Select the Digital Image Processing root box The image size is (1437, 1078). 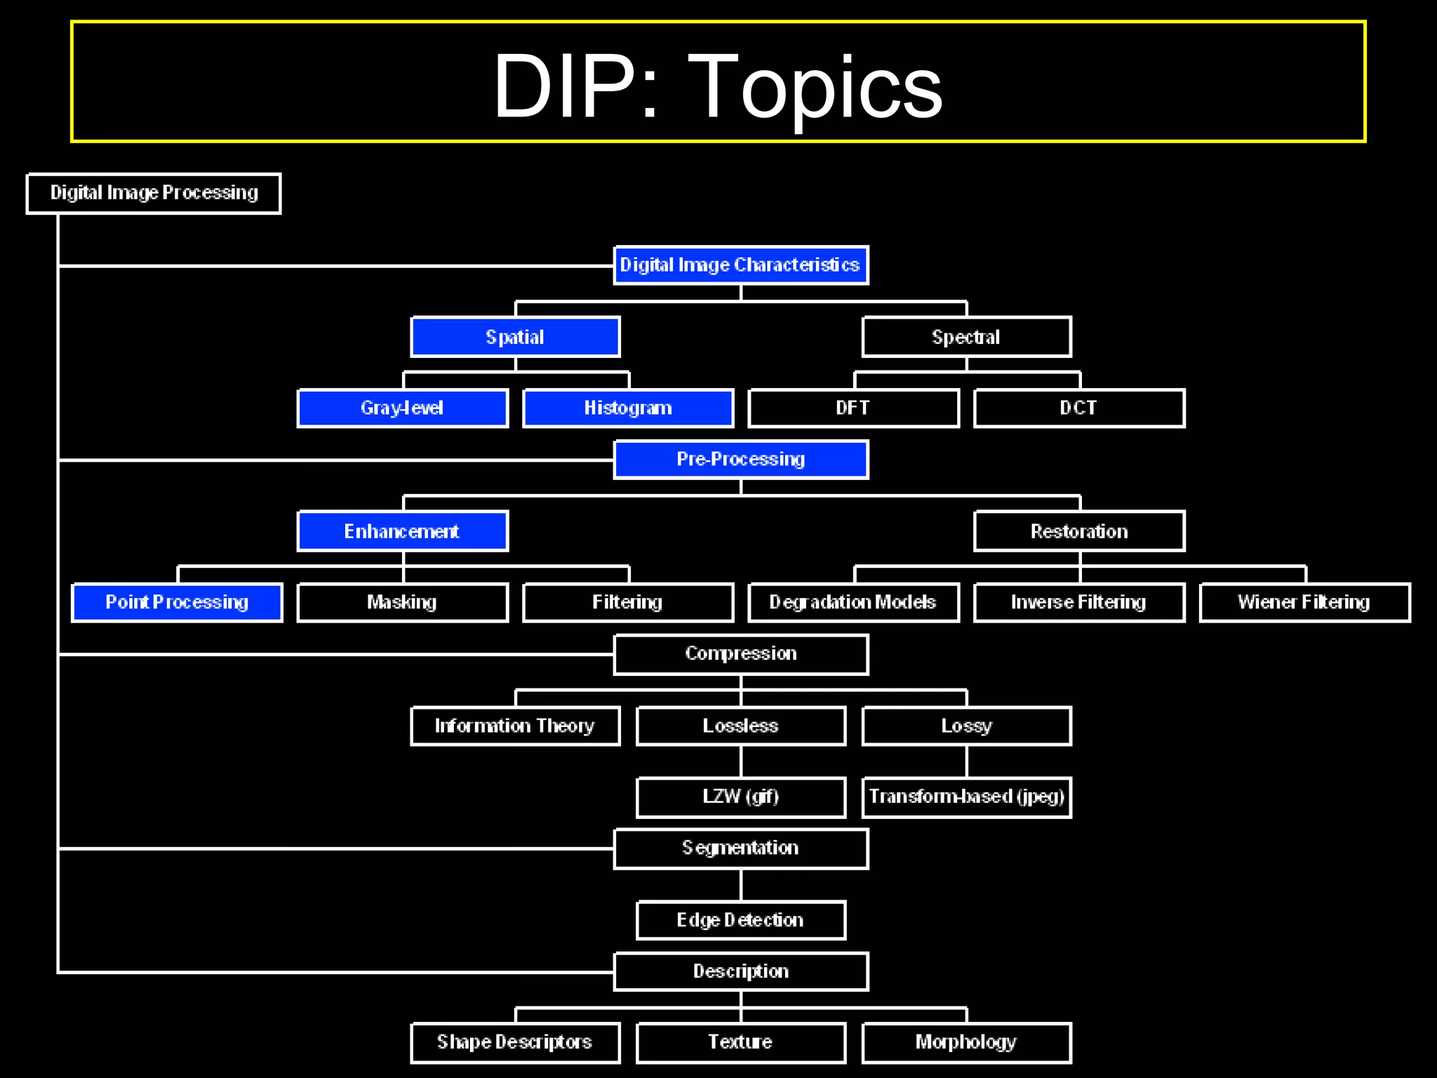click(154, 193)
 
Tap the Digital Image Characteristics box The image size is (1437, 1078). click(741, 265)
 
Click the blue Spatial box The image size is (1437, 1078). click(516, 337)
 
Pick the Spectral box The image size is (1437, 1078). click(966, 337)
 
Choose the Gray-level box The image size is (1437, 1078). click(403, 408)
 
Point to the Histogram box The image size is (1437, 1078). click(629, 408)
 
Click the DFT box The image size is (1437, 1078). click(853, 408)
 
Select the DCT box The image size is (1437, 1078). click(1079, 408)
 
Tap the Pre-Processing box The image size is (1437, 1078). click(741, 460)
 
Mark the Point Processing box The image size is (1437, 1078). click(178, 602)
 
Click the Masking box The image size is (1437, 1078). click(403, 602)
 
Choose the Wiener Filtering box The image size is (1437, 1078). click(1304, 602)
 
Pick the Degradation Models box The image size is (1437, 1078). click(853, 602)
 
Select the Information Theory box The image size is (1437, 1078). click(516, 726)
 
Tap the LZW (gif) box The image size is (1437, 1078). click(741, 797)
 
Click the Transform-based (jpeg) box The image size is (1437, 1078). click(966, 797)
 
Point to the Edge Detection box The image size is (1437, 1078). click(741, 920)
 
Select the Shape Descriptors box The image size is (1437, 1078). click(516, 1042)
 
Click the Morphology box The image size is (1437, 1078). click(966, 1042)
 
